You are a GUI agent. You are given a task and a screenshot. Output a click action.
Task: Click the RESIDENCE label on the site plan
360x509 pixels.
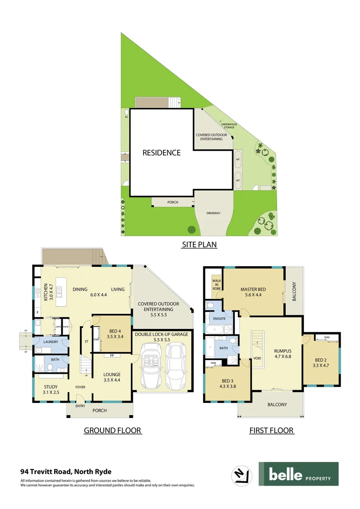(x=162, y=153)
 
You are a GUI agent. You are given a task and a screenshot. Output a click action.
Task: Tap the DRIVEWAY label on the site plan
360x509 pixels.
(x=213, y=213)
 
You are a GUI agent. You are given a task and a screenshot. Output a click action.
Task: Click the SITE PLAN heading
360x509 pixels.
(x=199, y=245)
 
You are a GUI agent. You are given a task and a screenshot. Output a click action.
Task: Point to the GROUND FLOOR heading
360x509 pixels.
(x=113, y=430)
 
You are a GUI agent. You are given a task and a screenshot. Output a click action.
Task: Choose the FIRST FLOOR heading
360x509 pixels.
(x=271, y=430)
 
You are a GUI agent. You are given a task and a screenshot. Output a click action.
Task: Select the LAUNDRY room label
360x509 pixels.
(x=50, y=342)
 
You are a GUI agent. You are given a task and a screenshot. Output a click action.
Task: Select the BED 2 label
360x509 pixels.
(x=320, y=362)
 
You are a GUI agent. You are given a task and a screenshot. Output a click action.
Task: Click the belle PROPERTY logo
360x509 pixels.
(x=298, y=474)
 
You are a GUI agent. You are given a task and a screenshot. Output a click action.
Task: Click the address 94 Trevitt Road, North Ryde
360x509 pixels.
(x=65, y=471)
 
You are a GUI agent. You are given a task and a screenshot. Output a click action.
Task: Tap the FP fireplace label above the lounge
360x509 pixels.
(x=111, y=355)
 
